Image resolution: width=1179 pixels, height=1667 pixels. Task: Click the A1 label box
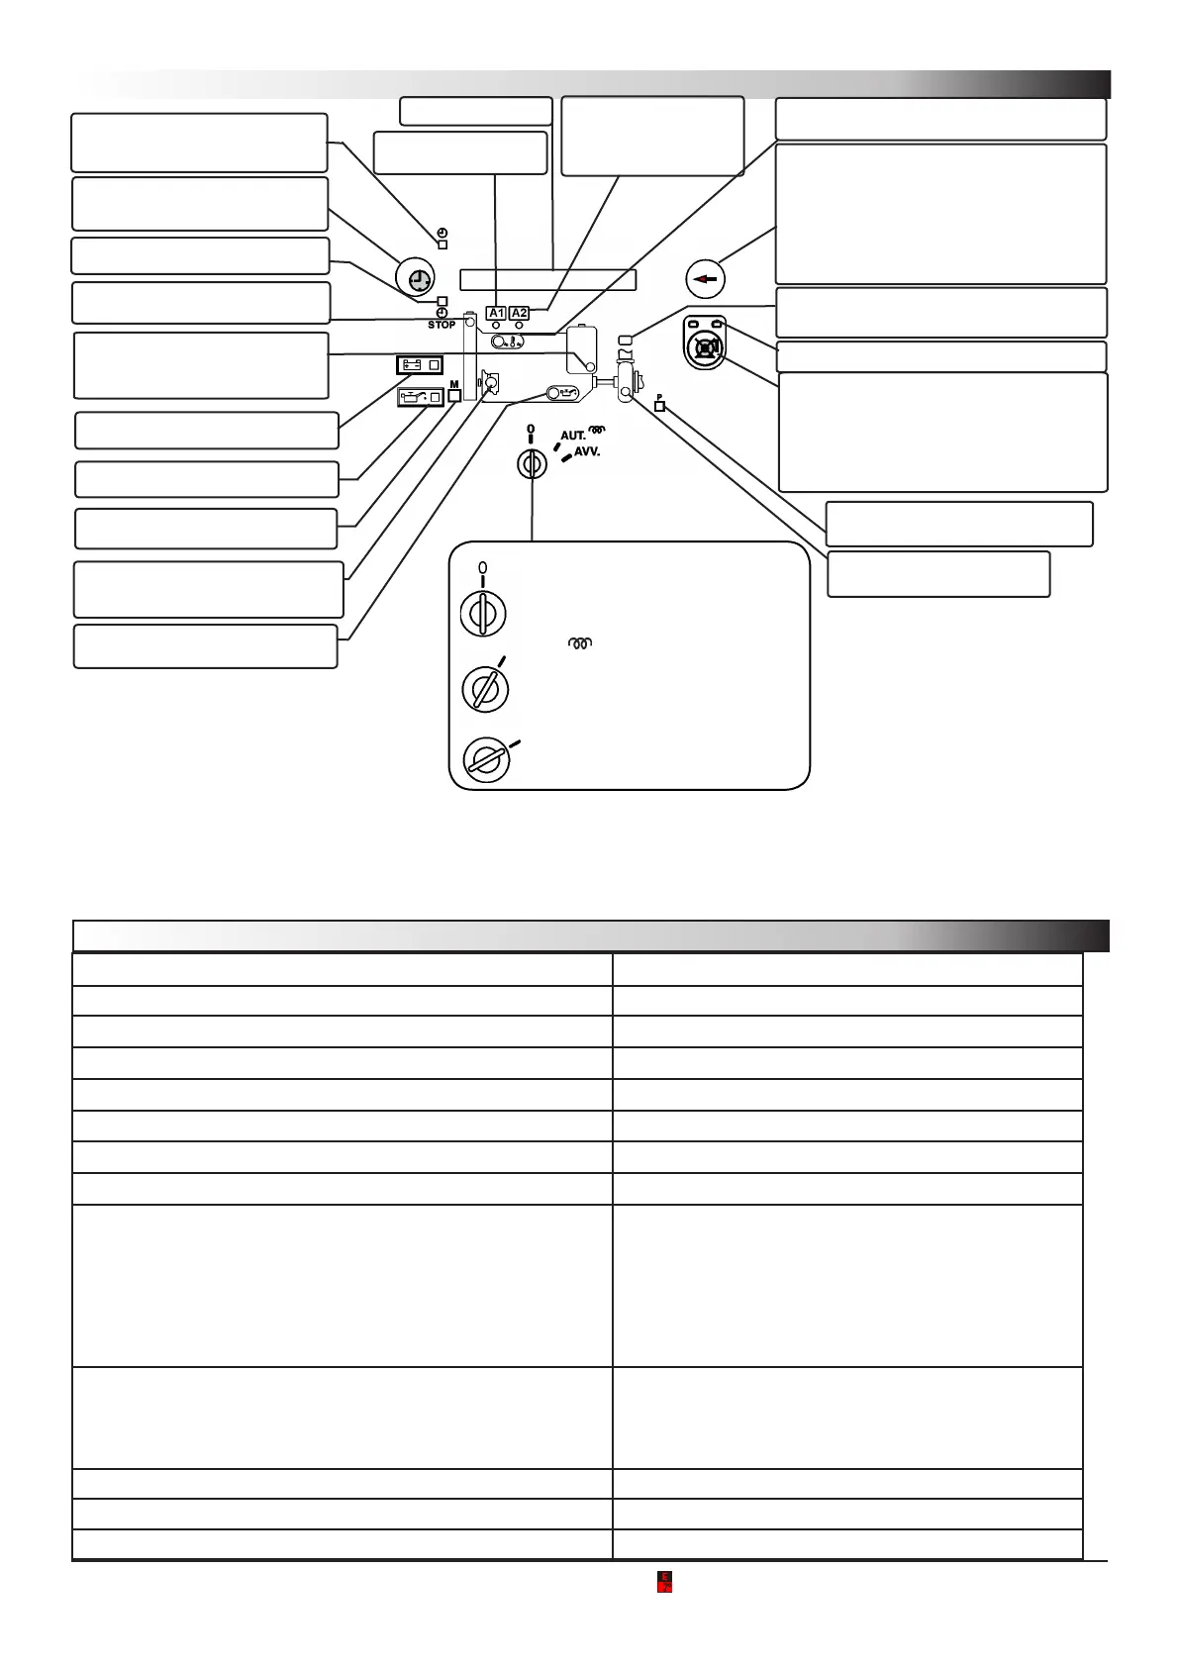[x=496, y=313]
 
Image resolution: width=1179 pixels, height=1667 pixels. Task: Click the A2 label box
[x=519, y=313]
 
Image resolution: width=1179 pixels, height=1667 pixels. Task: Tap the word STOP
[x=442, y=325]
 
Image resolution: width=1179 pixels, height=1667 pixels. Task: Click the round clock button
[x=414, y=278]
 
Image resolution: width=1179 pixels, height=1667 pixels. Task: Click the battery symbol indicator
[x=420, y=364]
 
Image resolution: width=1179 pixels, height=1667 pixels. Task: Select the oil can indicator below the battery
[x=420, y=398]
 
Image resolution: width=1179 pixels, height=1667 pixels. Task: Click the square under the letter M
[x=454, y=395]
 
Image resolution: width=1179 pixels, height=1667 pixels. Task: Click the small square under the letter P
[x=660, y=406]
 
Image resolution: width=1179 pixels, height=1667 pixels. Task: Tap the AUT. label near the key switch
[x=573, y=436]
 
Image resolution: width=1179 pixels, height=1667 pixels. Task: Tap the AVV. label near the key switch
[x=587, y=452]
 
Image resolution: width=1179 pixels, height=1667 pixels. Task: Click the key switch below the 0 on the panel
[x=532, y=463]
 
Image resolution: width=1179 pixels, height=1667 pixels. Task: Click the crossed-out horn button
[x=706, y=347]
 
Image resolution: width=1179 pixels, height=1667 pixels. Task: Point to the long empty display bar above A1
[x=547, y=279]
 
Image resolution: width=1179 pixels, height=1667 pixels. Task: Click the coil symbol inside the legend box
[x=579, y=643]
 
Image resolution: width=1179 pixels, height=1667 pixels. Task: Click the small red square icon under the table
[x=665, y=1581]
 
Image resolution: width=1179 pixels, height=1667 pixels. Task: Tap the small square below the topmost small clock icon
[x=442, y=244]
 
